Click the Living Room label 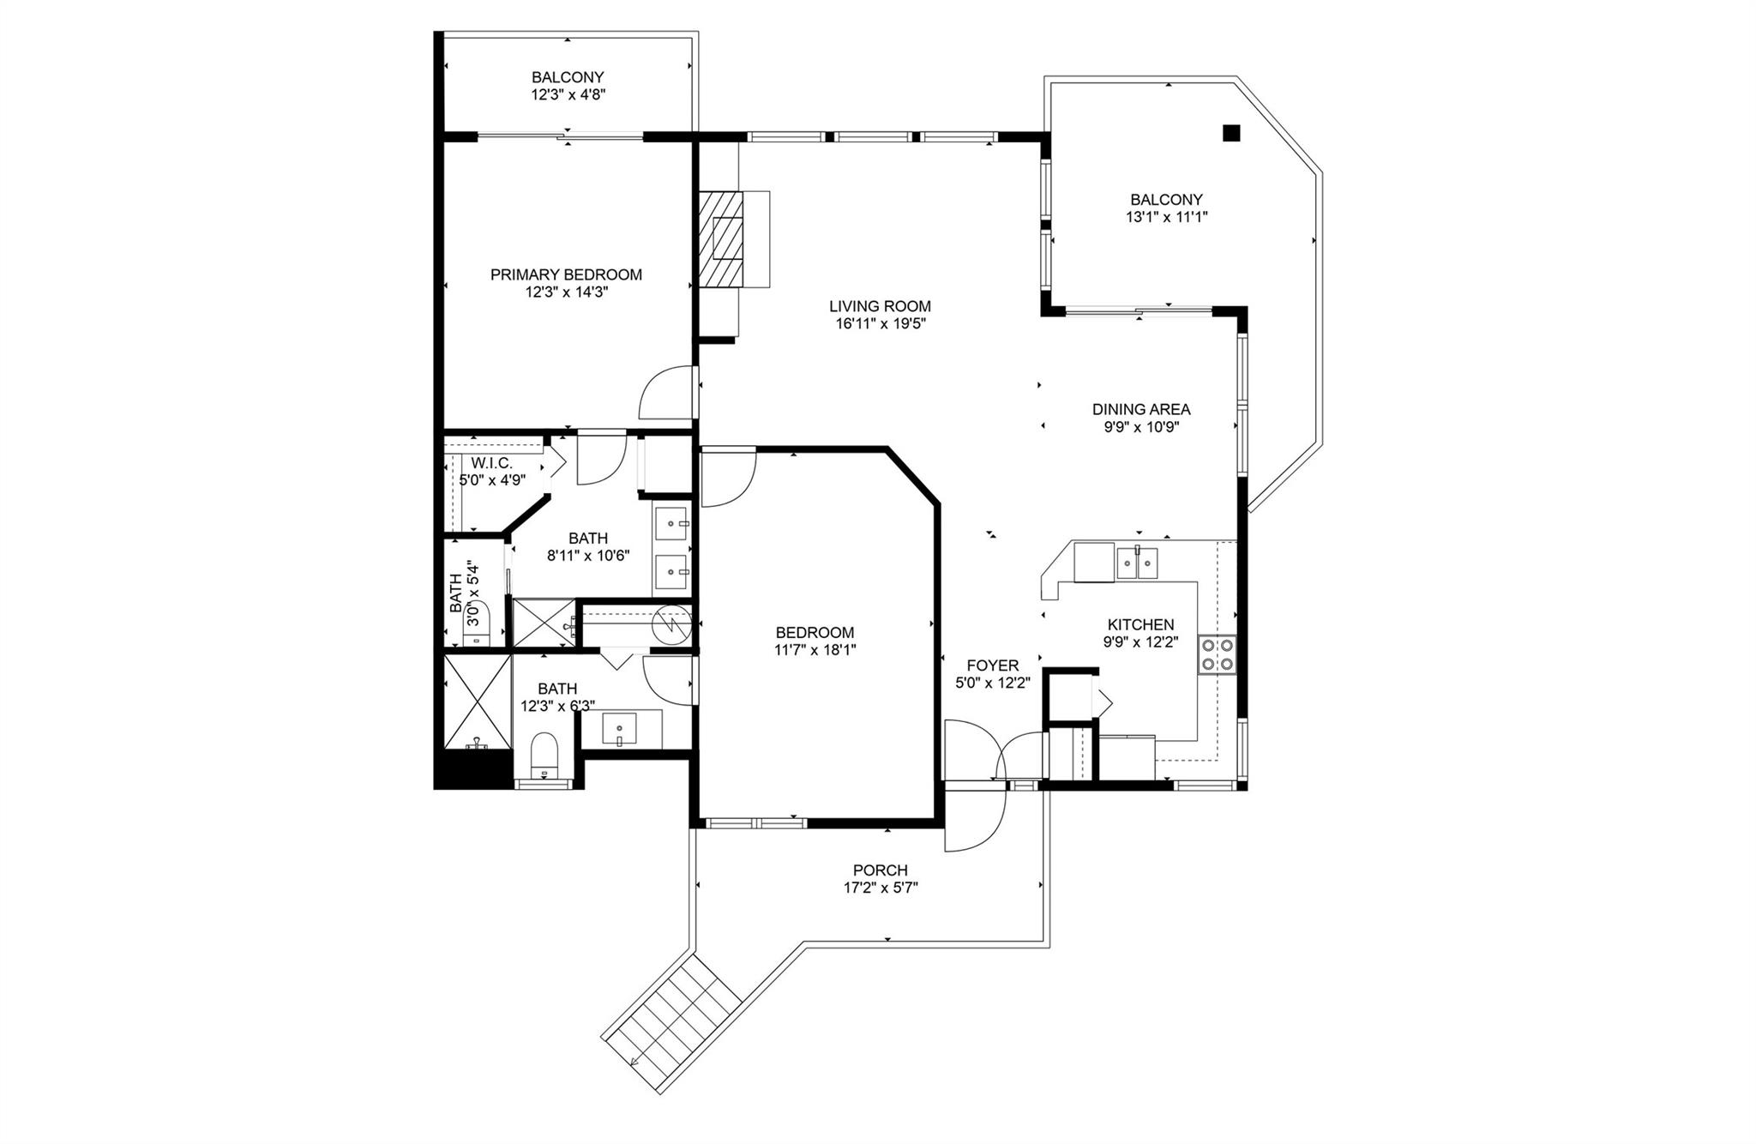click(880, 306)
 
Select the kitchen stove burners click(1217, 654)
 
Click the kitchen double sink click(1137, 563)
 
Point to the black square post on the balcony click(1231, 132)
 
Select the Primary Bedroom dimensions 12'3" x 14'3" click(566, 292)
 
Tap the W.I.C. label click(491, 463)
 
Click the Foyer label click(992, 665)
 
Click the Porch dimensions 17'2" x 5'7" click(880, 888)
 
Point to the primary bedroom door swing click(667, 394)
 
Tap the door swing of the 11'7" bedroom click(727, 476)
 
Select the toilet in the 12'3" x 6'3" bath click(544, 755)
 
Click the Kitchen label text click(1140, 624)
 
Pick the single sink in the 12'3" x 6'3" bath click(619, 730)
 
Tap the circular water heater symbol click(670, 624)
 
